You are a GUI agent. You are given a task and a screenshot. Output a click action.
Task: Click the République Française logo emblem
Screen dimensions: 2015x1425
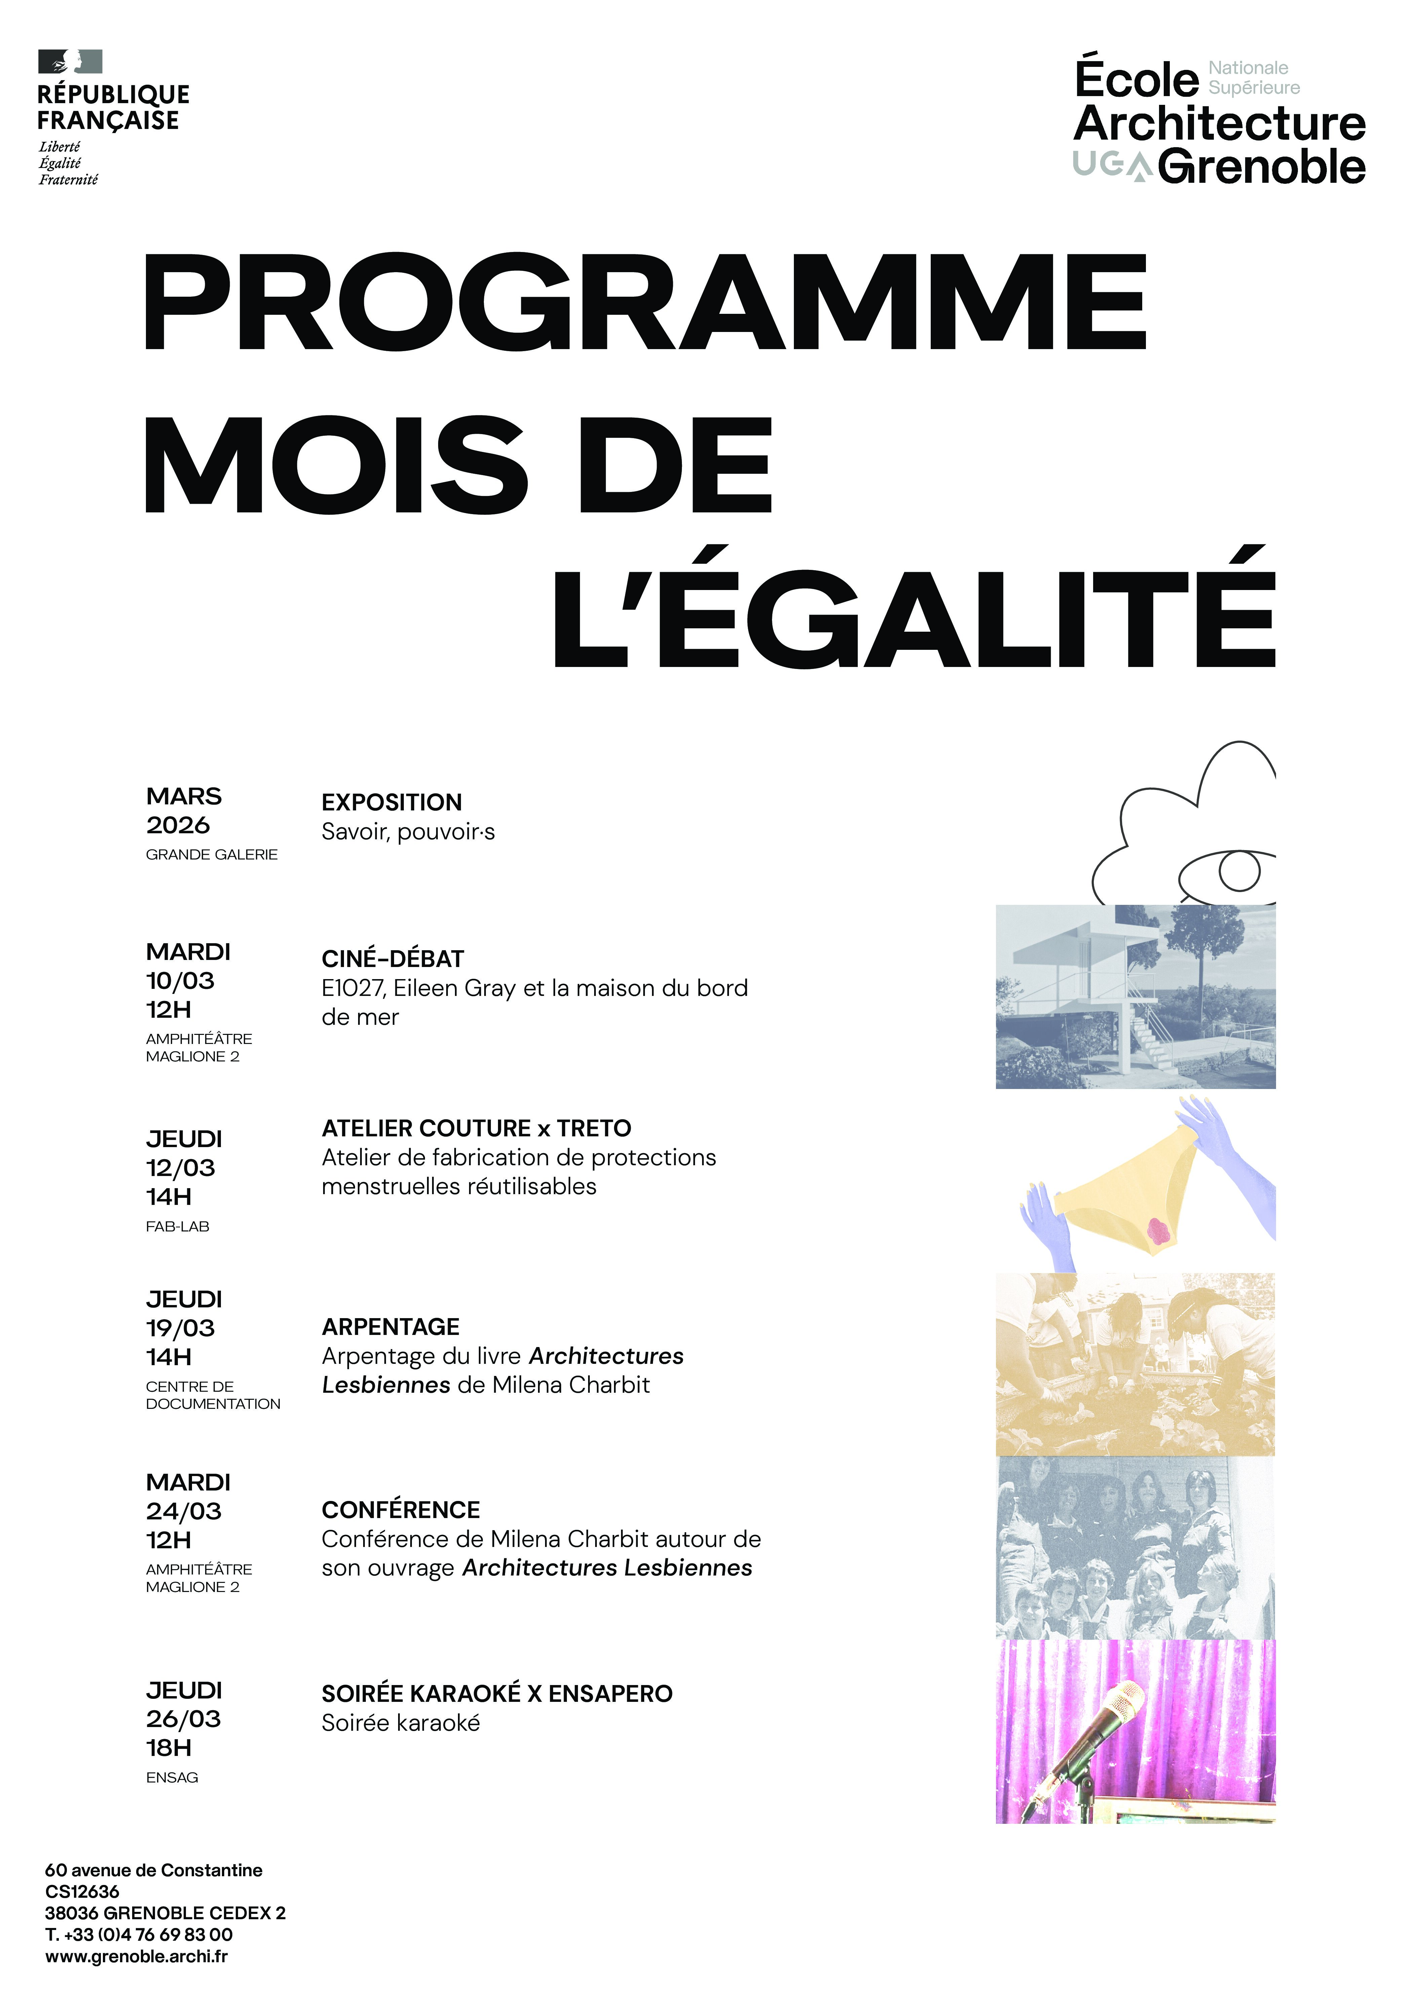point(70,61)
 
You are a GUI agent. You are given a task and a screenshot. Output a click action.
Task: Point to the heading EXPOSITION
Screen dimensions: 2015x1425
point(392,802)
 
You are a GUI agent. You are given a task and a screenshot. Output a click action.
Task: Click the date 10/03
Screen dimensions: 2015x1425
point(180,980)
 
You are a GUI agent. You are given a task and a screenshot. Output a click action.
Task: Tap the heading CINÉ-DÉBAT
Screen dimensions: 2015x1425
point(392,958)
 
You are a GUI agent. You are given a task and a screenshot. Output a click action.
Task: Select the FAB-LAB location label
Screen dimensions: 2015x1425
point(177,1226)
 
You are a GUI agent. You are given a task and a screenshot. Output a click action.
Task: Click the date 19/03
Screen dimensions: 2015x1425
point(180,1328)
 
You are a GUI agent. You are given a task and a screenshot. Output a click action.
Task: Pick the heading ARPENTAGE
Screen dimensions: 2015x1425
point(391,1326)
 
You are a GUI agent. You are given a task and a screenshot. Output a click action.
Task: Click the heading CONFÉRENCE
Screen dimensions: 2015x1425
point(400,1510)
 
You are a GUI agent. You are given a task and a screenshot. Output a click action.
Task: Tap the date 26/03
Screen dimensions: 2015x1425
point(184,1718)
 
